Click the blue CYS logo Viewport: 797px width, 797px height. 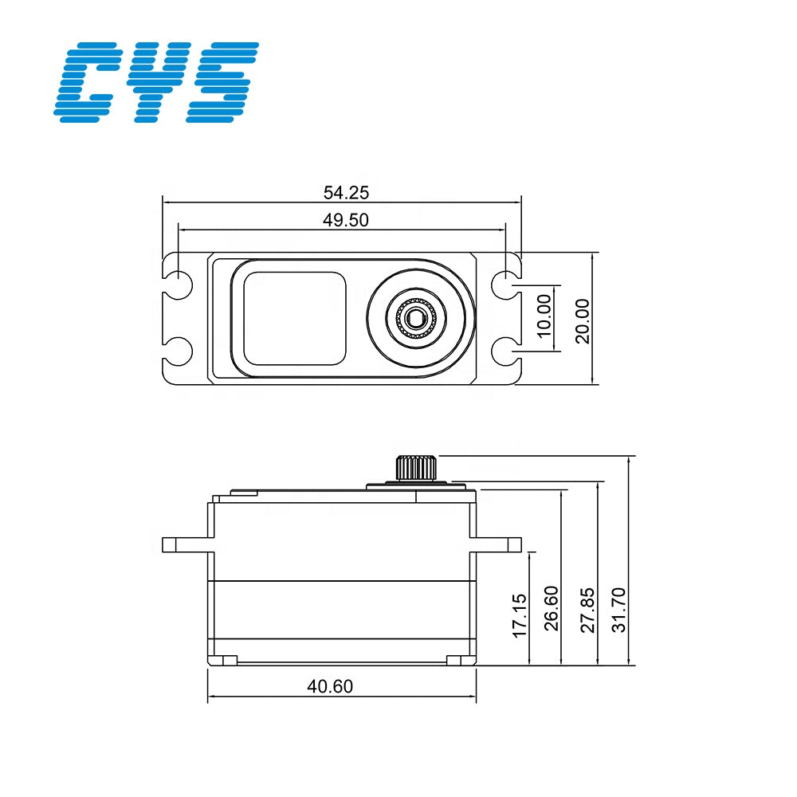(156, 82)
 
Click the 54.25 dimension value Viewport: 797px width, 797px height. (346, 192)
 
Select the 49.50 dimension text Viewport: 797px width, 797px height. (346, 221)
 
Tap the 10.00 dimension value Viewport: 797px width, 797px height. (544, 316)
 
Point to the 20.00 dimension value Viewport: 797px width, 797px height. (583, 320)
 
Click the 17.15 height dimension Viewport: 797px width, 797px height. (520, 614)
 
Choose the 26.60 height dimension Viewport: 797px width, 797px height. (552, 608)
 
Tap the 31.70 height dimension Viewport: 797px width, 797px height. (620, 609)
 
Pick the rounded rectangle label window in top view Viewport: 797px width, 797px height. (295, 317)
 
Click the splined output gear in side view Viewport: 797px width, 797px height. (415, 467)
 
